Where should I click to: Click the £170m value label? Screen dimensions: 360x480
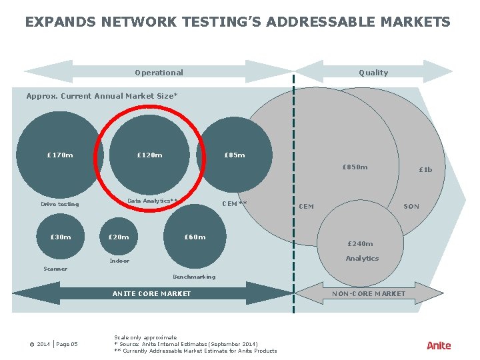60,155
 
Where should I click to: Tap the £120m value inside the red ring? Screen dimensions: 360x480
149,155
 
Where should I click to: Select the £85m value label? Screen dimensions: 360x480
234,155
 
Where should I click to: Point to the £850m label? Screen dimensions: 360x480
355,167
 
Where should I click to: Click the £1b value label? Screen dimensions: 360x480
425,169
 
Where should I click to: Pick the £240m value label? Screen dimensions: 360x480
360,244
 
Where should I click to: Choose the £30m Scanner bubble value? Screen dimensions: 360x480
61,237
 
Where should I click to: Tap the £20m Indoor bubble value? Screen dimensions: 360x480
119,237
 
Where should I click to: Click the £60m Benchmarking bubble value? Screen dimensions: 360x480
195,237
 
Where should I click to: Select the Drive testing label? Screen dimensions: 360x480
59,204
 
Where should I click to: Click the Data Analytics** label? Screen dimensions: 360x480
153,201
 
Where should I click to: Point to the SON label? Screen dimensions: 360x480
411,207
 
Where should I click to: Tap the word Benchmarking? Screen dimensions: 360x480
194,277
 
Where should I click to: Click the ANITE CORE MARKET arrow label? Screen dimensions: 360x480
151,293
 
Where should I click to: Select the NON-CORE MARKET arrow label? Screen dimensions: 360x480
369,293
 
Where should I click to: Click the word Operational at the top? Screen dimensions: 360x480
159,73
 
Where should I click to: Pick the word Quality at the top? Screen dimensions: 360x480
373,73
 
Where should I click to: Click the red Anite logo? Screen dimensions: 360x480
439,345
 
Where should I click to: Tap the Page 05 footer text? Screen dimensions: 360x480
67,344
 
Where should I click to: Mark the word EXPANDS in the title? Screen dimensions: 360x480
59,22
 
